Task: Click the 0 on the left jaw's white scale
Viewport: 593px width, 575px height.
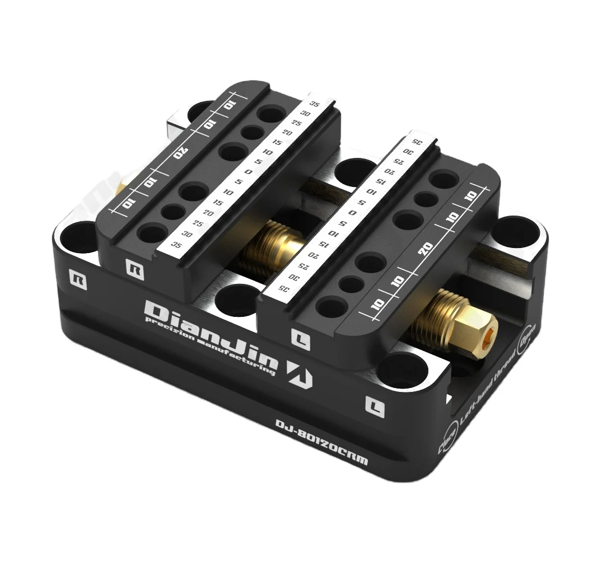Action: click(x=249, y=172)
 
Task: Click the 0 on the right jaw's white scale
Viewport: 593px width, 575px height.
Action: click(x=352, y=213)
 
